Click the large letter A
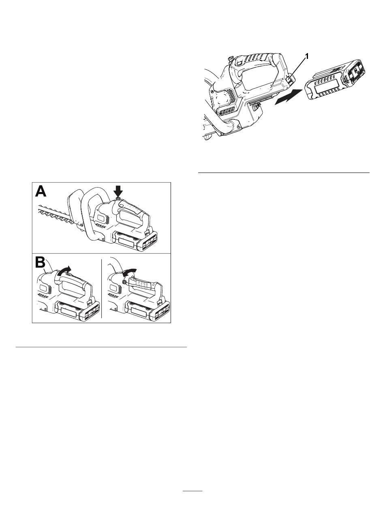(41, 192)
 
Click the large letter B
(40, 262)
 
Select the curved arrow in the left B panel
(64, 270)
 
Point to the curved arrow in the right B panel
(129, 272)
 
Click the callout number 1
(307, 56)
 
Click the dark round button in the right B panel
(125, 282)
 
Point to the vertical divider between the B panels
(101, 288)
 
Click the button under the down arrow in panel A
(118, 199)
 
